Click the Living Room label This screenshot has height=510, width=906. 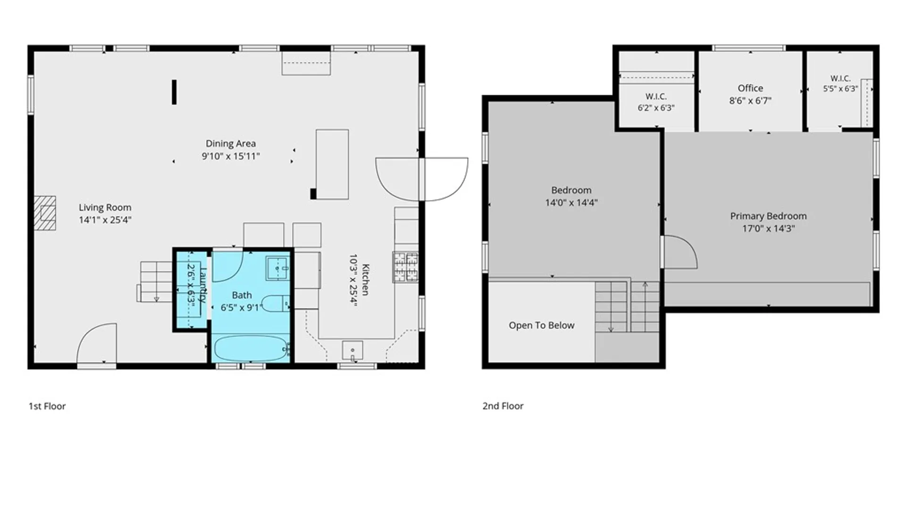(x=105, y=207)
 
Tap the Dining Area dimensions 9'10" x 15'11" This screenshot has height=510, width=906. (x=231, y=156)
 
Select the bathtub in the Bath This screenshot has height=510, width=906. (x=251, y=348)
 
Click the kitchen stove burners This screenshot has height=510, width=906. (x=405, y=267)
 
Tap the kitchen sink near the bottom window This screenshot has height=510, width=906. (x=352, y=351)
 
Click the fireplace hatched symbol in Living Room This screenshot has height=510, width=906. (x=45, y=213)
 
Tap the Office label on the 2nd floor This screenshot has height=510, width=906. (x=750, y=88)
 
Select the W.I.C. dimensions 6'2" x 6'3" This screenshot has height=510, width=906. (x=656, y=108)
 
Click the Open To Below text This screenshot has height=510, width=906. (x=541, y=325)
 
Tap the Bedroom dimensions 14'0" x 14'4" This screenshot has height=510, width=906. (x=571, y=203)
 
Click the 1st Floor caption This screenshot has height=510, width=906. (x=47, y=406)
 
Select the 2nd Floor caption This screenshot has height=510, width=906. (x=503, y=406)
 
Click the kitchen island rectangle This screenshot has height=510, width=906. (x=332, y=164)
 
